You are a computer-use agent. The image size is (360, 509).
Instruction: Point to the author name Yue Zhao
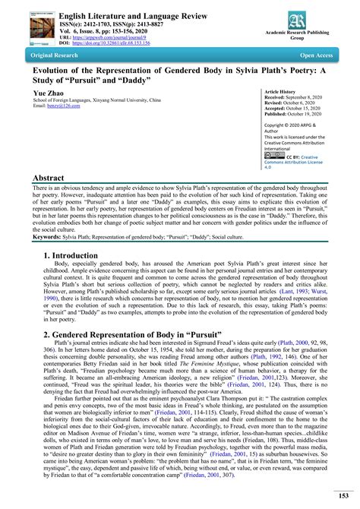click(x=48, y=93)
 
